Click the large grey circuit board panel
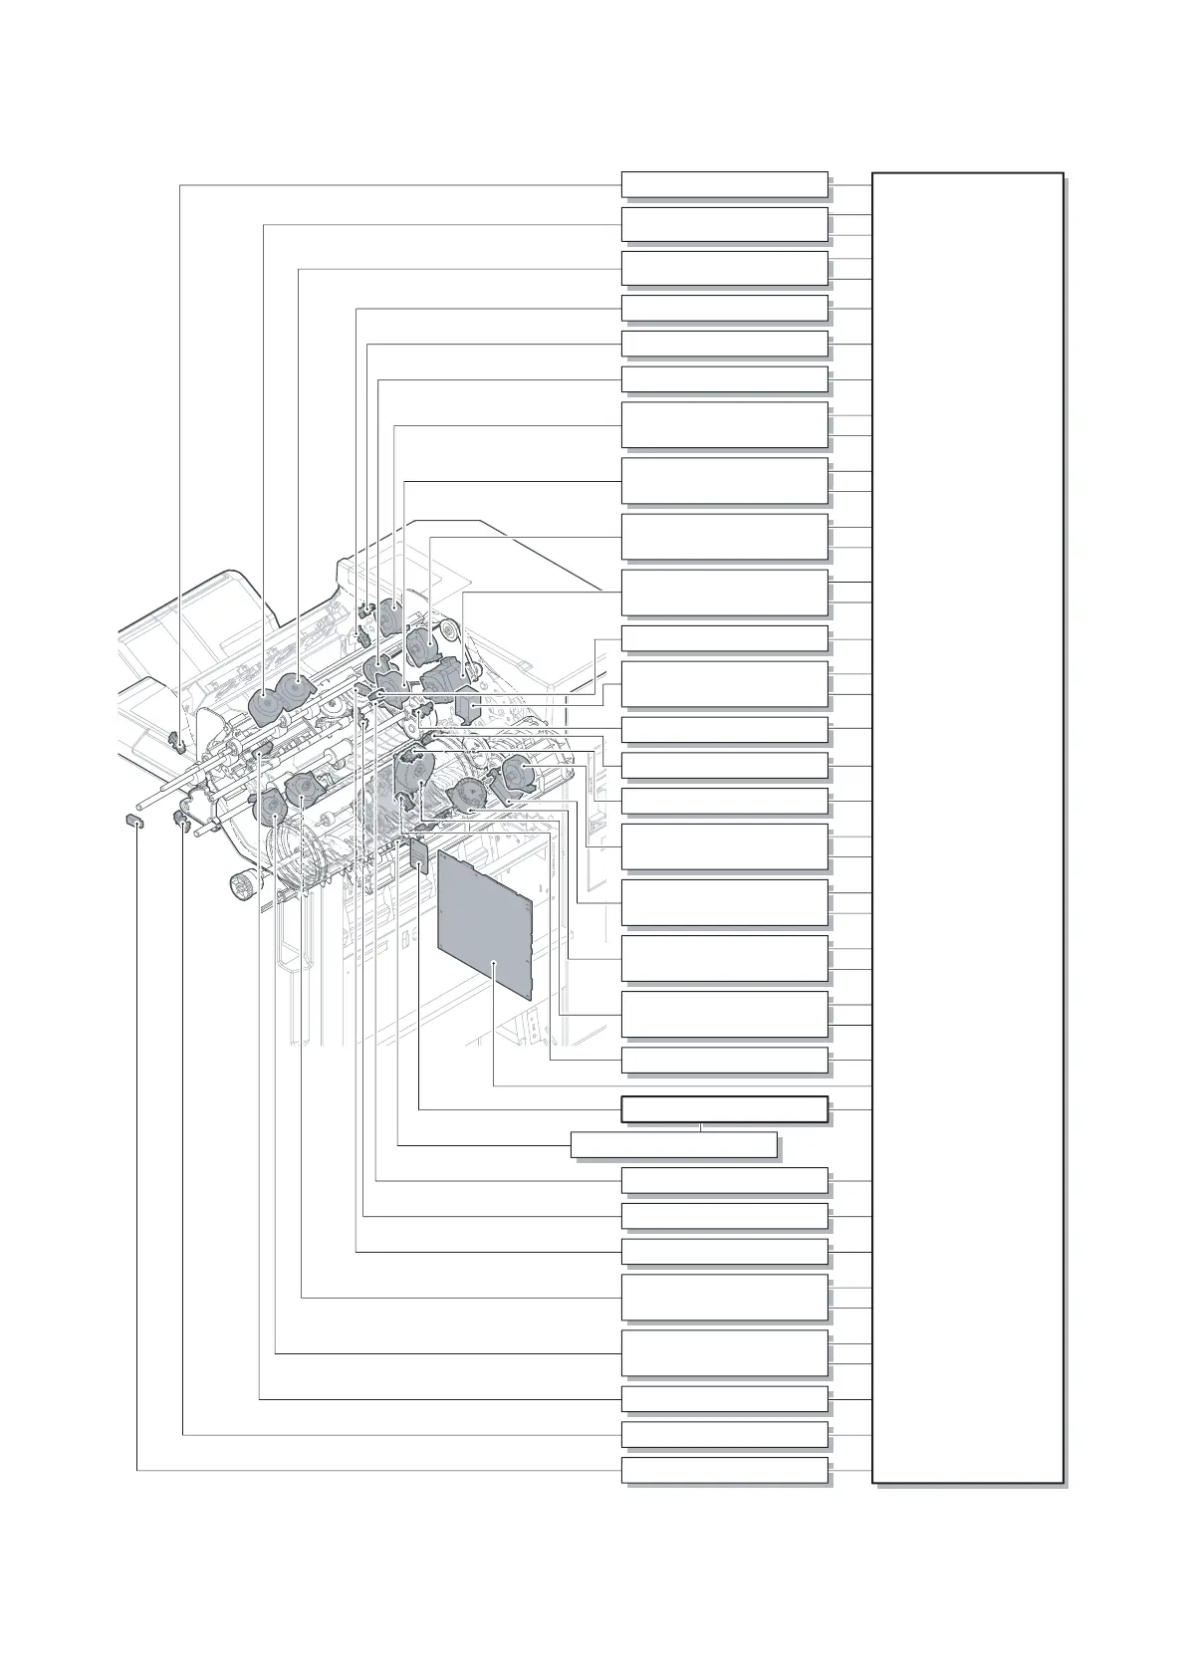[x=485, y=921]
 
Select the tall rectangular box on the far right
[x=967, y=827]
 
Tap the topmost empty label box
[x=724, y=184]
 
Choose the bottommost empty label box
[x=724, y=1470]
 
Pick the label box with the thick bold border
[x=724, y=1109]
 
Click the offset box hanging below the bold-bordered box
[x=673, y=1145]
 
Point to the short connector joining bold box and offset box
[x=701, y=1127]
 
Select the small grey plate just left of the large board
[x=419, y=854]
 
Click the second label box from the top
[x=724, y=224]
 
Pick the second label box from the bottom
[x=724, y=1434]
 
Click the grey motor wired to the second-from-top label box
[x=264, y=706]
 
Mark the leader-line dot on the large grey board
[x=495, y=963]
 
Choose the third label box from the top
[x=724, y=268]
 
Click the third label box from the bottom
[x=724, y=1398]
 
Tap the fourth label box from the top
[x=724, y=308]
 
